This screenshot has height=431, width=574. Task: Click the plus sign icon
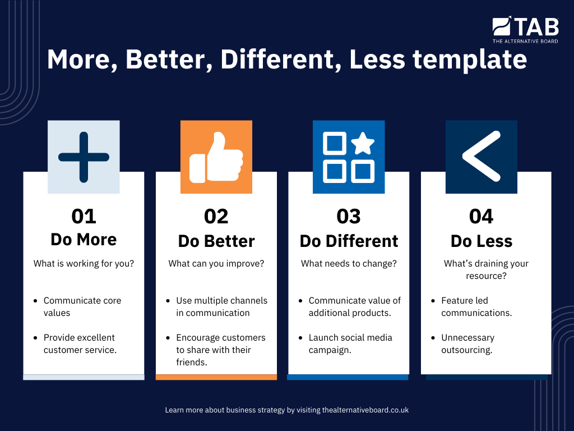pyautogui.click(x=84, y=157)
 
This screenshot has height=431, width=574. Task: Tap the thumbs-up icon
pyautogui.click(x=216, y=158)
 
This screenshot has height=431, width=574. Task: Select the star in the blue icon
pyautogui.click(x=363, y=144)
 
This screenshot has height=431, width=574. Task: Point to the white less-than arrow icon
pyautogui.click(x=481, y=157)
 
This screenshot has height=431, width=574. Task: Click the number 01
pyautogui.click(x=84, y=216)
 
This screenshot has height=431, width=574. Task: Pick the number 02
pyautogui.click(x=216, y=216)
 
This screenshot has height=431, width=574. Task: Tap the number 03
pyautogui.click(x=349, y=216)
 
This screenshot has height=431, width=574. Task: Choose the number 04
pyautogui.click(x=482, y=216)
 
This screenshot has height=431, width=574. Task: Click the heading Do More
pyautogui.click(x=84, y=239)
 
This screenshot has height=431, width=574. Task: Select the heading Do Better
pyautogui.click(x=216, y=241)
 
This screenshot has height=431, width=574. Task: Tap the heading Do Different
pyautogui.click(x=349, y=241)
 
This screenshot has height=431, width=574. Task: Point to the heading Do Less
pyautogui.click(x=482, y=241)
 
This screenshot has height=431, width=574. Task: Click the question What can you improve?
pyautogui.click(x=216, y=263)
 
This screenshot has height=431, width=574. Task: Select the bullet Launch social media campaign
pyautogui.click(x=350, y=343)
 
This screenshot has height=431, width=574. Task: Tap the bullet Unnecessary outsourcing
pyautogui.click(x=467, y=343)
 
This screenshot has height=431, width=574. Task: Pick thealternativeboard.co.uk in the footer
pyautogui.click(x=365, y=410)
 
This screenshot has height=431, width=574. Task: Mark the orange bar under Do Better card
pyautogui.click(x=216, y=377)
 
